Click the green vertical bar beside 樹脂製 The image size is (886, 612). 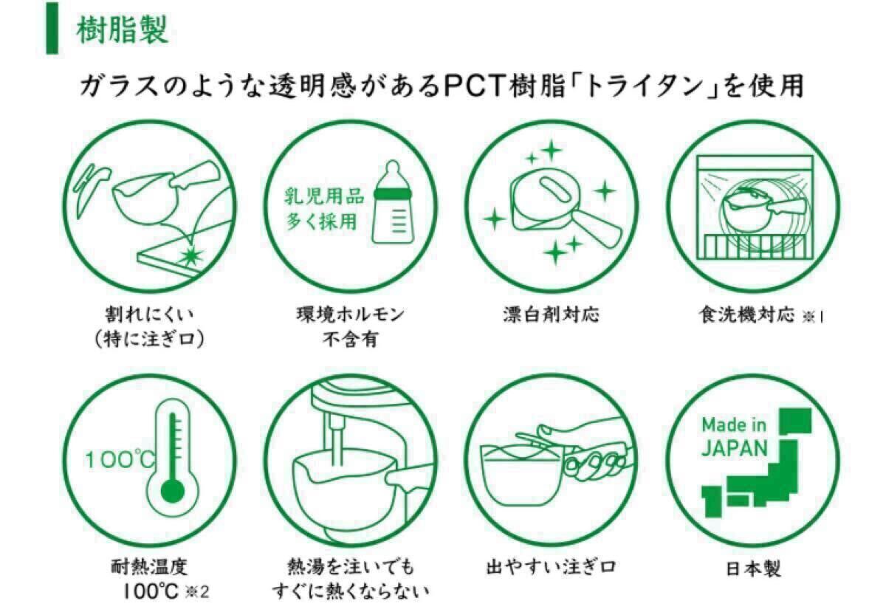click(52, 28)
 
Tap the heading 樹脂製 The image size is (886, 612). click(123, 30)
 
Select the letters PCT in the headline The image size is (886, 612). click(474, 86)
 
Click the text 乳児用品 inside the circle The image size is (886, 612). click(324, 196)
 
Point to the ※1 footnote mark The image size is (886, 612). click(813, 317)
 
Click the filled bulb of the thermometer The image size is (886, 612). click(173, 492)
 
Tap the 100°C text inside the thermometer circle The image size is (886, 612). click(120, 459)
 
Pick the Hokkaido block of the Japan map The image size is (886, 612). click(795, 422)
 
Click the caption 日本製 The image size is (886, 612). click(754, 569)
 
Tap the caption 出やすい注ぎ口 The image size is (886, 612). click(551, 567)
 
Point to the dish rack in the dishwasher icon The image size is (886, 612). click(755, 246)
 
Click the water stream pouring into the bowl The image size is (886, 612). click(337, 439)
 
